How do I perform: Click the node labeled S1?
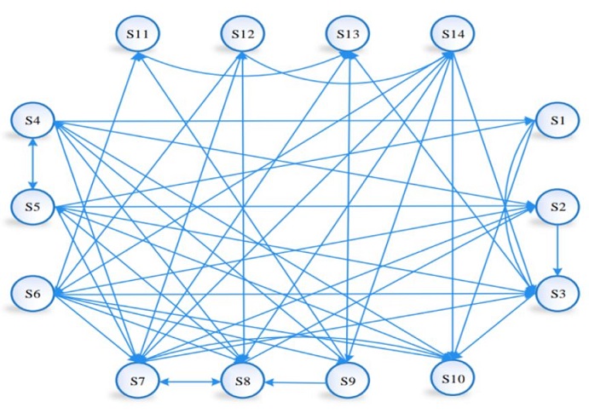tap(557, 121)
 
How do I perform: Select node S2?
tap(557, 207)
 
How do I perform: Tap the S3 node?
tap(557, 293)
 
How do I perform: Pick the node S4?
tap(33, 121)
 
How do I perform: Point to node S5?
tap(33, 207)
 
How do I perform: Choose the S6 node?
tap(33, 293)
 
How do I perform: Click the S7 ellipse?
tap(139, 381)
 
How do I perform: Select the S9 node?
tap(347, 381)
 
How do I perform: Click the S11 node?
tap(139, 34)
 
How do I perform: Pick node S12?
tap(243, 34)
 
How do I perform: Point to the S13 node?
tap(348, 34)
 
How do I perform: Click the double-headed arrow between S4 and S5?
tap(33, 163)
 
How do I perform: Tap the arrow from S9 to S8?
tap(295, 382)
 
